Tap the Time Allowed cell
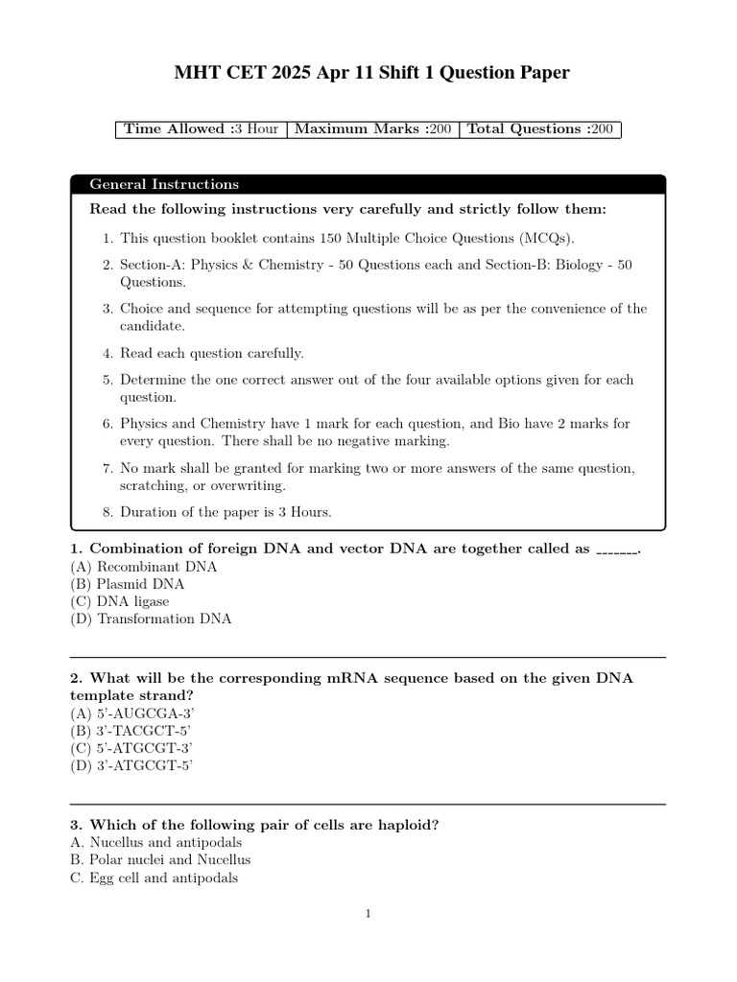pos(201,129)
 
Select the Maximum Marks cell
pos(372,129)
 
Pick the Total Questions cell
pos(539,129)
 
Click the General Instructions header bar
pos(368,184)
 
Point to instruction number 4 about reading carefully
pos(211,353)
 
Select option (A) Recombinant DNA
pos(144,567)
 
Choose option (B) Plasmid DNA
pos(128,584)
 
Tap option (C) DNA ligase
pos(120,601)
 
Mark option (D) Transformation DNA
pos(151,619)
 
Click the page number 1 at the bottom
pos(368,914)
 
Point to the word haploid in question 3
pos(410,825)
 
